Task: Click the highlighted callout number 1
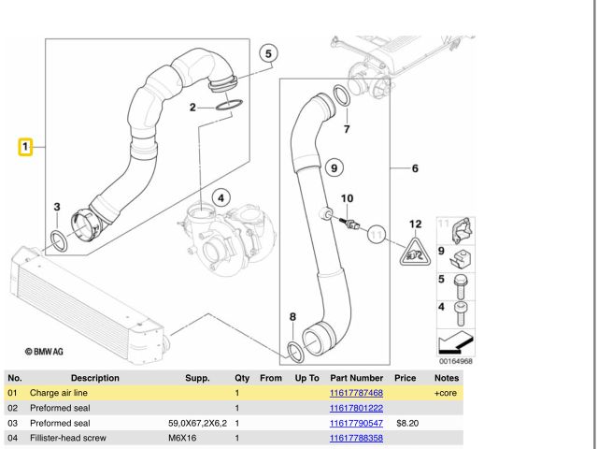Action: click(x=26, y=146)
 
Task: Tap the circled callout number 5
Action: click(x=268, y=54)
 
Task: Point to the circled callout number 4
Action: click(x=221, y=197)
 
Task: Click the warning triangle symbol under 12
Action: click(x=415, y=250)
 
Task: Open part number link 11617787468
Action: click(x=356, y=393)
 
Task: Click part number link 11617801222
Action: click(x=356, y=408)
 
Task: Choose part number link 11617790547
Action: click(x=356, y=423)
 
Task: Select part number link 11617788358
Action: click(x=356, y=438)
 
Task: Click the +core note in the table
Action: click(x=445, y=393)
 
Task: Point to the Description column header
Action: click(x=94, y=378)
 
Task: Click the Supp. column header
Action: click(x=197, y=378)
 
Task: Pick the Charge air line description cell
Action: click(x=58, y=393)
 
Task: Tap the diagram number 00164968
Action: click(x=454, y=361)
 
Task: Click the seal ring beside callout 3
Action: click(x=58, y=242)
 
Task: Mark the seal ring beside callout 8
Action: click(x=294, y=351)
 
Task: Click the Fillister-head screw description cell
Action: click(x=68, y=438)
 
